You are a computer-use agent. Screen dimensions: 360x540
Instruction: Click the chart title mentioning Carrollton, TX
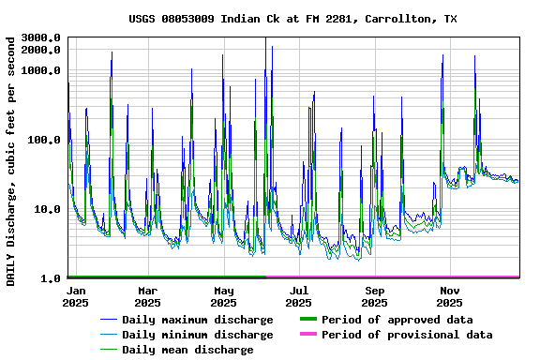click(293, 19)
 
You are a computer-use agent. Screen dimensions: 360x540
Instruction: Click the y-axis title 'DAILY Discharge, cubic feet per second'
click(10, 161)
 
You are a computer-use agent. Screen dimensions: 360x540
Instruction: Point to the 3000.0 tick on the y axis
click(41, 37)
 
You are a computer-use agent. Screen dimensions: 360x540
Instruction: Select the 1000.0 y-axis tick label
click(41, 70)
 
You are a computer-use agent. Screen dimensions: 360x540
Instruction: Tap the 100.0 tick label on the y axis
click(45, 140)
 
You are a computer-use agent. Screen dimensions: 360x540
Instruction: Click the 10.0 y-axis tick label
click(48, 209)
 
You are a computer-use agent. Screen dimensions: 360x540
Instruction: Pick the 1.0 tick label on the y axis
click(52, 278)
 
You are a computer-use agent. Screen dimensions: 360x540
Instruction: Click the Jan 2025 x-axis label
click(76, 297)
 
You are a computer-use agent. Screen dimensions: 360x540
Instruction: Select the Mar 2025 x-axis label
click(147, 297)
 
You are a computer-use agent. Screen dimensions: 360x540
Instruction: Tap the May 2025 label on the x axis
click(223, 297)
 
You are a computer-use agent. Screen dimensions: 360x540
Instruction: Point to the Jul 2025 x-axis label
click(299, 297)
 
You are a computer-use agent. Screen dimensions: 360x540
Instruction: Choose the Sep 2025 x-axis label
click(375, 297)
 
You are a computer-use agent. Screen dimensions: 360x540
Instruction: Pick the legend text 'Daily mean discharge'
click(187, 350)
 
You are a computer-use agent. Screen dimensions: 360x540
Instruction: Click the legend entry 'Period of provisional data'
click(407, 335)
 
